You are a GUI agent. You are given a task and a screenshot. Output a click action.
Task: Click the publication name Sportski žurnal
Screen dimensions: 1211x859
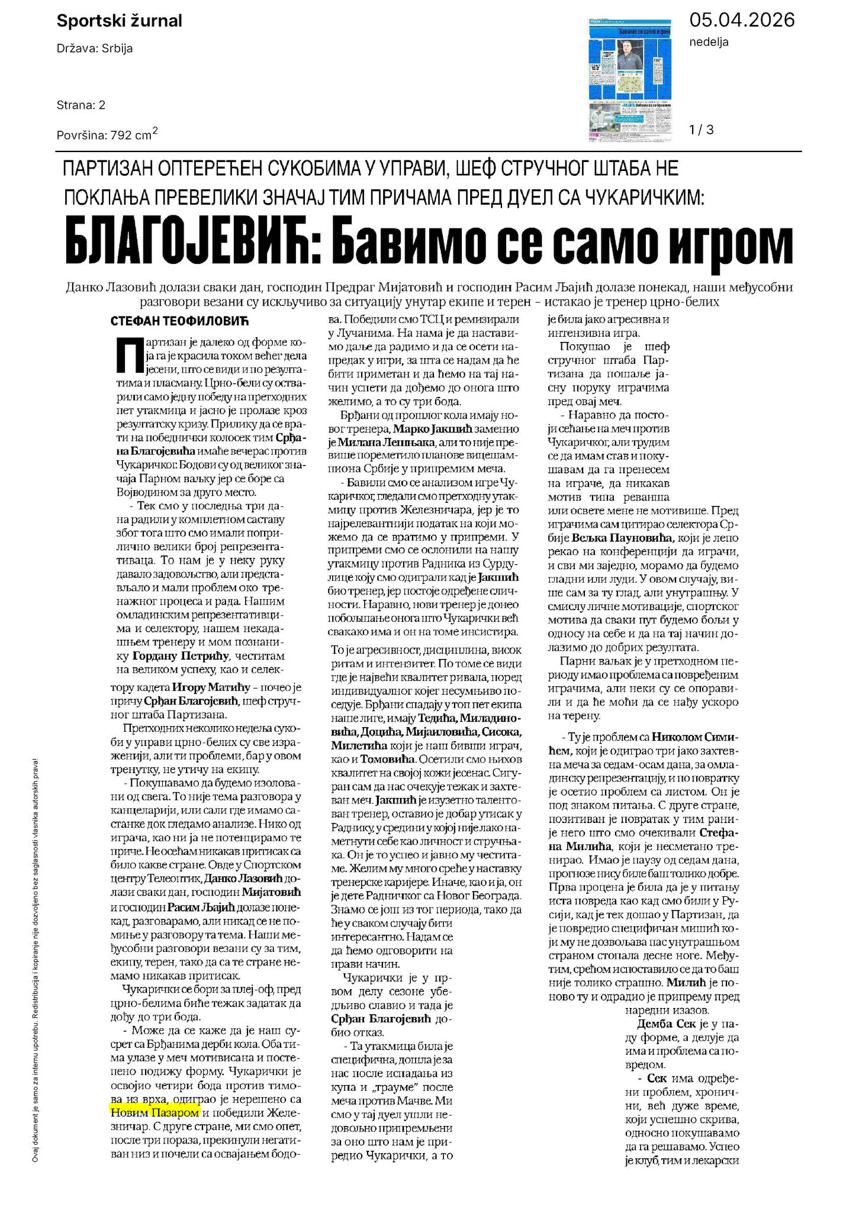click(x=119, y=21)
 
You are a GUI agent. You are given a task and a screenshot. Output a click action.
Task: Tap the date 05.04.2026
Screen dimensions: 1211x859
click(x=742, y=20)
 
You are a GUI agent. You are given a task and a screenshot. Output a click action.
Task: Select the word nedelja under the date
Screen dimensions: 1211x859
click(x=709, y=42)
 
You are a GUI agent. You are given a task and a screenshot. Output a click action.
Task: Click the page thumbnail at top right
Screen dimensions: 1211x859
click(x=631, y=79)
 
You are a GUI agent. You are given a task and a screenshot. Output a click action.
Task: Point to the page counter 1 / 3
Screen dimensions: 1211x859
click(x=702, y=130)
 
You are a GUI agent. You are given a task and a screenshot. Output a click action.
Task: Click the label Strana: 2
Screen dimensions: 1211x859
click(x=81, y=105)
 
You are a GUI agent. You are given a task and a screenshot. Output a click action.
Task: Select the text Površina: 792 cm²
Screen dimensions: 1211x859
click(x=107, y=135)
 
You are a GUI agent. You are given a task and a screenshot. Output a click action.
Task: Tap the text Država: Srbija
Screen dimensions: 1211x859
click(x=95, y=49)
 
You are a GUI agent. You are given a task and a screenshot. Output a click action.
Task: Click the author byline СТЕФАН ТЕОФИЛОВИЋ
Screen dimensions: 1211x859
click(x=179, y=321)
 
